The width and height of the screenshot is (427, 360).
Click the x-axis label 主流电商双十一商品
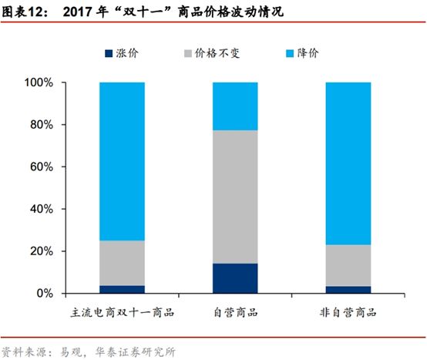tap(123, 313)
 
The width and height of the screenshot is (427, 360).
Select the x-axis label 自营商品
tap(235, 313)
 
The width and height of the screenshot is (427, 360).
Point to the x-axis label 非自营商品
tap(348, 313)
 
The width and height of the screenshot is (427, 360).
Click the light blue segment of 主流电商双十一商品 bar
tap(123, 161)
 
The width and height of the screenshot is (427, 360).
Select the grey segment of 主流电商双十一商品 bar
tap(123, 263)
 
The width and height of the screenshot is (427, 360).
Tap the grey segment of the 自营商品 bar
tap(235, 197)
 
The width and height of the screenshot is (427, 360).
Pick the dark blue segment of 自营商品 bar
tap(235, 278)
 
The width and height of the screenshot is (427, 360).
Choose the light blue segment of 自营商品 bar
tap(235, 106)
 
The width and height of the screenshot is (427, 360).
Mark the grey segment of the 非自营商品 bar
tap(348, 265)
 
